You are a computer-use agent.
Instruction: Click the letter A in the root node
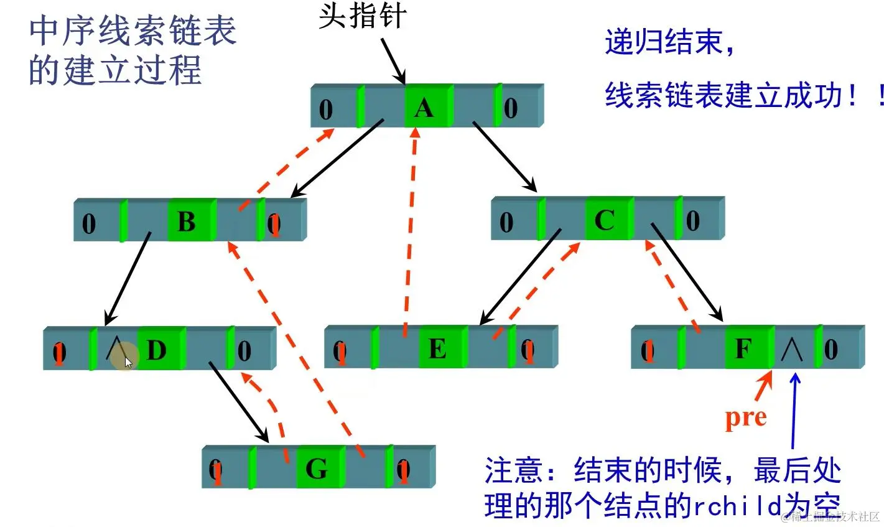[424, 108]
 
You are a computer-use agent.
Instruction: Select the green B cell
[187, 222]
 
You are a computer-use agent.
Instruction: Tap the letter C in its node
[605, 220]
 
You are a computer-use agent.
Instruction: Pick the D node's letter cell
[157, 350]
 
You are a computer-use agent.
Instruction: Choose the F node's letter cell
[744, 348]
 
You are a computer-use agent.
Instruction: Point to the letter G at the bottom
[317, 468]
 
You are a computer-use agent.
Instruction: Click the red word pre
[745, 418]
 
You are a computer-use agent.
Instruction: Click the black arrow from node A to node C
[505, 156]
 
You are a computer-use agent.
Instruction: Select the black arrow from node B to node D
[128, 278]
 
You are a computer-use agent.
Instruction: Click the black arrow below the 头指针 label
[393, 59]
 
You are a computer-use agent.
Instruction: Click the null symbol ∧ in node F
[792, 350]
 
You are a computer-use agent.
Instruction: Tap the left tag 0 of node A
[326, 110]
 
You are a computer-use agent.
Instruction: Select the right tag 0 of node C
[692, 221]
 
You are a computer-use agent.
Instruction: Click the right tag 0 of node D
[244, 351]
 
